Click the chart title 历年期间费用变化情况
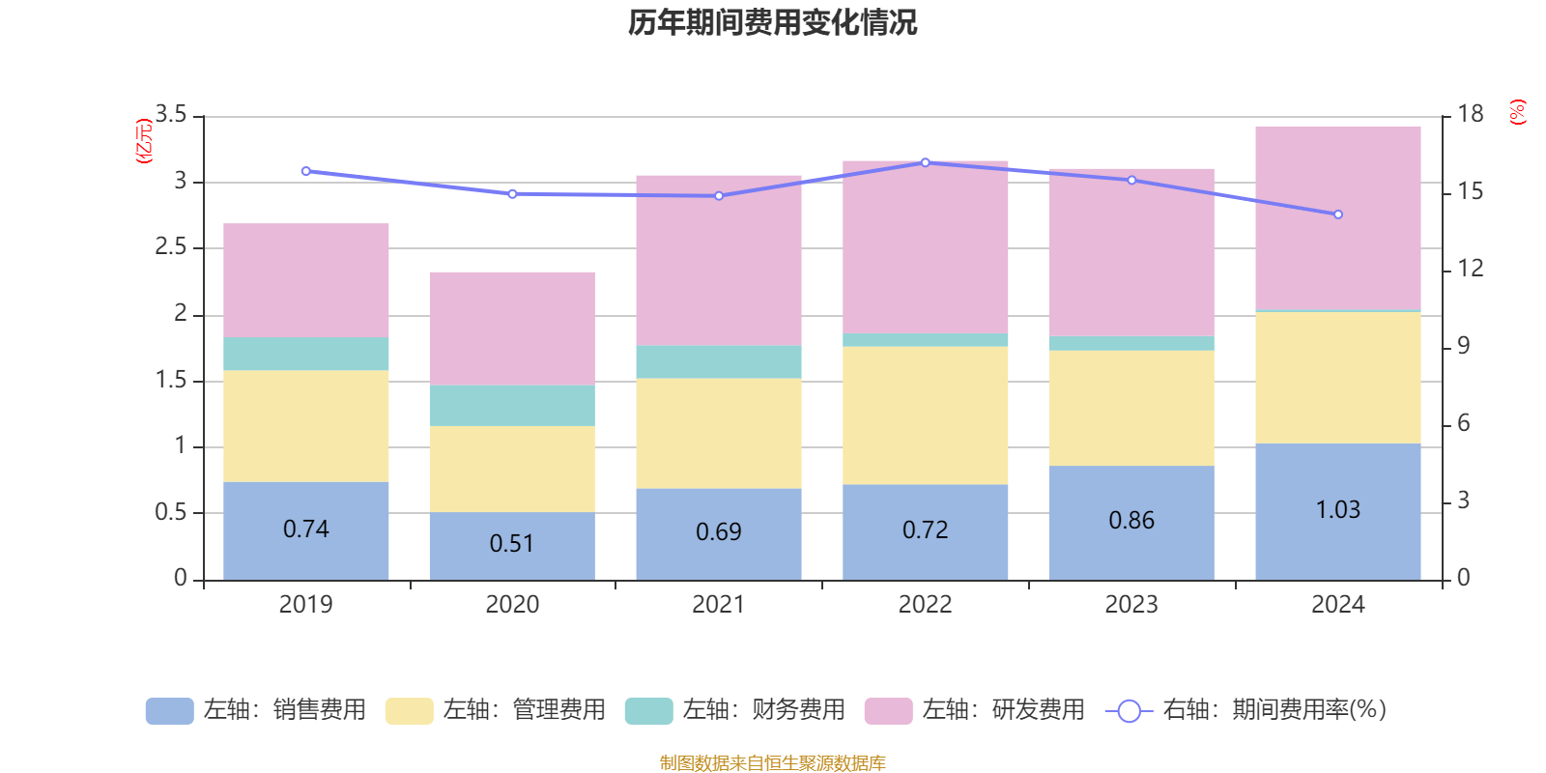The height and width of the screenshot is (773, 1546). pyautogui.click(x=772, y=22)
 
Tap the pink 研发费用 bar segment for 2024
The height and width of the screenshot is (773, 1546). pyautogui.click(x=1337, y=217)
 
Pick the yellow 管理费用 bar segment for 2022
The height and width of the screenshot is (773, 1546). pyautogui.click(x=925, y=415)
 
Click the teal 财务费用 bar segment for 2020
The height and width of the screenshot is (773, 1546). pyautogui.click(x=511, y=406)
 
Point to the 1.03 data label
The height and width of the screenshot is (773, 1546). pyautogui.click(x=1337, y=509)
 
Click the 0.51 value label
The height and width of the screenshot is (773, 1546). pyautogui.click(x=511, y=543)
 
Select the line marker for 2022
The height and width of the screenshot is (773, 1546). pyautogui.click(x=925, y=162)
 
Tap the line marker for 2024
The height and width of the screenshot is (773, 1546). pyautogui.click(x=1338, y=215)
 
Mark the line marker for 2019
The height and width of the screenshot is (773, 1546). pyautogui.click(x=305, y=171)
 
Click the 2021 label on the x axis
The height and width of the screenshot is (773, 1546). pyautogui.click(x=718, y=605)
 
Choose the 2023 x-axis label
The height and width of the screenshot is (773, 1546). pyautogui.click(x=1131, y=605)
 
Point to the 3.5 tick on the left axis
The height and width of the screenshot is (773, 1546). pyautogui.click(x=171, y=115)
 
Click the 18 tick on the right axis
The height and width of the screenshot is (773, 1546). pyautogui.click(x=1470, y=114)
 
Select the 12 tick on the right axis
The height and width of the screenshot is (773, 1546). pyautogui.click(x=1470, y=269)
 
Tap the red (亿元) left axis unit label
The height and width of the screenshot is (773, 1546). pyautogui.click(x=144, y=141)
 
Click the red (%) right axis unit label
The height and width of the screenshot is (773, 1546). pyautogui.click(x=1517, y=112)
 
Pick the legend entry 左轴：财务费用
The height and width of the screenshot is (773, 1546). pyautogui.click(x=735, y=710)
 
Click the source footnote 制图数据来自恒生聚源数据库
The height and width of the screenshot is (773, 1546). pyautogui.click(x=772, y=763)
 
